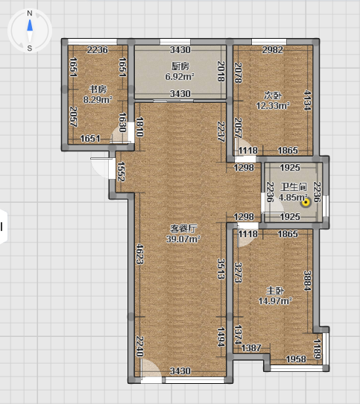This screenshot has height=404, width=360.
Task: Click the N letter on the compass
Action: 30,13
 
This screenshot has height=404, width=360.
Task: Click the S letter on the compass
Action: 30,48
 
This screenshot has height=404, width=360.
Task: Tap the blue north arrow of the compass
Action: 30,25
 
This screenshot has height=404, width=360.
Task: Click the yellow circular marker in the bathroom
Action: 306,203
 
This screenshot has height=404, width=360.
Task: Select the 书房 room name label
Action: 98,89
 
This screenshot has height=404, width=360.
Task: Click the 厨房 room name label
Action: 180,66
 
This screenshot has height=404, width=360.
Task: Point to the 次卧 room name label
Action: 273,95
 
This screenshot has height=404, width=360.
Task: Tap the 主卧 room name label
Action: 275,291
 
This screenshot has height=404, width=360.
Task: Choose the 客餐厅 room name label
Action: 183,229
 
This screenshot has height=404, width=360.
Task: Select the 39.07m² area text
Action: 183,239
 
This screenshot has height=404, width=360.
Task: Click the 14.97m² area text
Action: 275,300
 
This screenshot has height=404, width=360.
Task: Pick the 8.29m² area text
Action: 98,99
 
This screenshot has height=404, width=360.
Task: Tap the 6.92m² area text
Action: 180,76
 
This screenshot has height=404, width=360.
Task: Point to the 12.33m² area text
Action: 273,105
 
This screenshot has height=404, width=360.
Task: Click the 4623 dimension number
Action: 139,253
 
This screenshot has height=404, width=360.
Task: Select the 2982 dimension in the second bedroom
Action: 273,50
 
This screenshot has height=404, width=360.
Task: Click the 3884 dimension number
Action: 307,280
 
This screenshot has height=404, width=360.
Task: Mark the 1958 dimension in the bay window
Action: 296,359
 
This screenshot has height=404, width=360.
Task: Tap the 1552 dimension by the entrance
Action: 121,171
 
